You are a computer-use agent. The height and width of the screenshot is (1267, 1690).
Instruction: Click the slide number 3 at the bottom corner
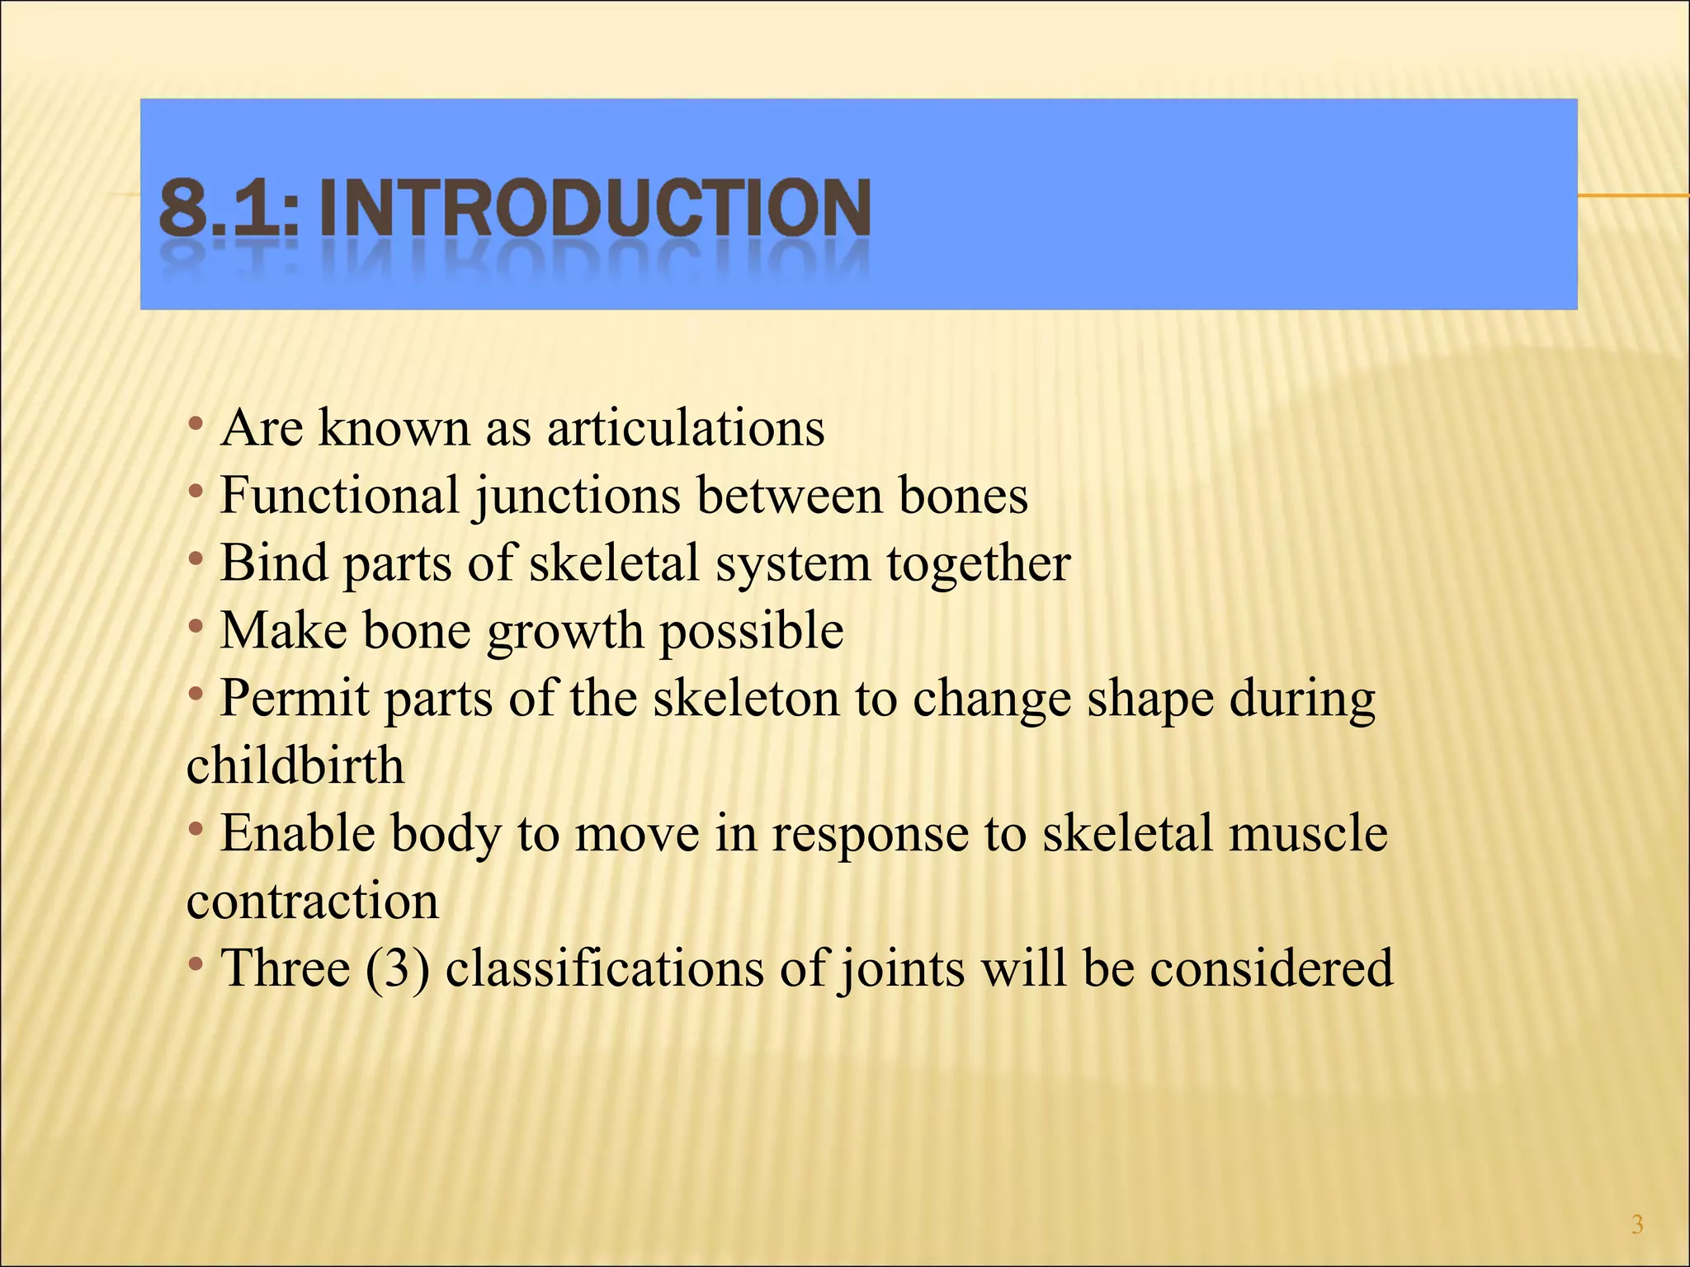[x=1637, y=1225]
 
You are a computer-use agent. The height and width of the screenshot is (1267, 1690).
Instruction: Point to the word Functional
[x=339, y=496]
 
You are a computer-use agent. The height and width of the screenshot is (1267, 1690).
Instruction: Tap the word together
[x=979, y=565]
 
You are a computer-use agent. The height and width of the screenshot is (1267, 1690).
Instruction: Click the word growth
[x=564, y=633]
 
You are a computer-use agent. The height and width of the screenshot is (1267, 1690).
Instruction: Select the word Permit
[x=295, y=699]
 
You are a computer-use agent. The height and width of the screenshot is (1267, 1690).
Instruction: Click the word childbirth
[x=295, y=766]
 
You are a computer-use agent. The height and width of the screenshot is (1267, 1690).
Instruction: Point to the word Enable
[x=298, y=833]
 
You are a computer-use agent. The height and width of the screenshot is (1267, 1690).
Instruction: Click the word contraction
[x=312, y=902]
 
